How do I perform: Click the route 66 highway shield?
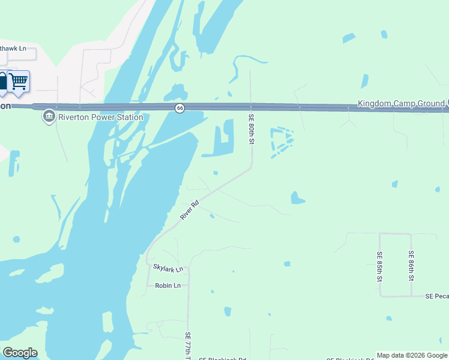tap(179, 107)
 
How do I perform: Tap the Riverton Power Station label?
tap(100, 117)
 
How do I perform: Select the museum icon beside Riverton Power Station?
tap(49, 116)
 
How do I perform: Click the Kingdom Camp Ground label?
tap(401, 103)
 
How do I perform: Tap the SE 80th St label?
tap(252, 130)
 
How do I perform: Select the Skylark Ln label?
tap(167, 269)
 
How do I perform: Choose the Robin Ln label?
tap(167, 286)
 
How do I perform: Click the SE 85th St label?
tap(379, 266)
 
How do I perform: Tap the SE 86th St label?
tap(411, 266)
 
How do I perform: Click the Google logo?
tap(20, 353)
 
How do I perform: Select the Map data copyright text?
tap(412, 355)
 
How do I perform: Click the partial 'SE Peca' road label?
tap(437, 296)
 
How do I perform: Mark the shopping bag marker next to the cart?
tap(2, 82)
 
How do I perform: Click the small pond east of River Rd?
tap(297, 197)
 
